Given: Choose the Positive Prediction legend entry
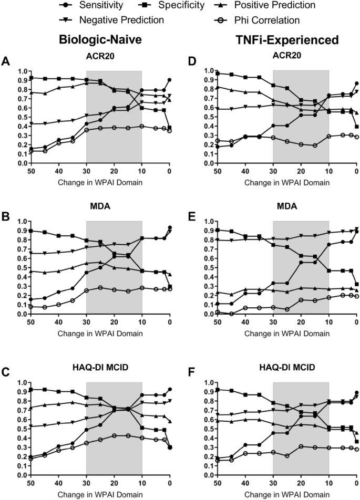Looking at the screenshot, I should coord(288,7).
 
